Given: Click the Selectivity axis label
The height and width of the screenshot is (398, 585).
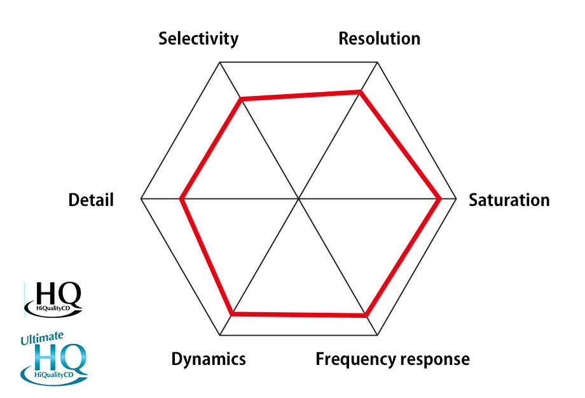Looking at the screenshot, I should [198, 38].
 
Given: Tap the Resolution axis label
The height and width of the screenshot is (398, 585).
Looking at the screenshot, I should [379, 38].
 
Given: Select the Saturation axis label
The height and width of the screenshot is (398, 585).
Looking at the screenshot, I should [509, 200].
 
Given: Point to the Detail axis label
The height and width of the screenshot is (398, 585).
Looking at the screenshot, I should [91, 200].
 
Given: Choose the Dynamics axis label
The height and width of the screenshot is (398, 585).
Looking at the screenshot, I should [209, 359].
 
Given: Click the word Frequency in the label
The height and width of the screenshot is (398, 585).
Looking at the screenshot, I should [352, 360].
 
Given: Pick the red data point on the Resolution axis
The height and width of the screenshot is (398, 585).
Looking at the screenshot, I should [361, 93].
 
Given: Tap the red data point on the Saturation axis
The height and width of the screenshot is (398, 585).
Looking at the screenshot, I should [440, 199].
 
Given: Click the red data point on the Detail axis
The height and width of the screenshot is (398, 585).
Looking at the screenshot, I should [182, 199].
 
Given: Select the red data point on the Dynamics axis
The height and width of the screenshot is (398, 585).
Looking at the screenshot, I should [233, 313].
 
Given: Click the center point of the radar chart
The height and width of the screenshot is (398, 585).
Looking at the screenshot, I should [299, 199].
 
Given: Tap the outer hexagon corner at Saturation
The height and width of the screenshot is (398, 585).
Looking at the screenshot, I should [457, 199].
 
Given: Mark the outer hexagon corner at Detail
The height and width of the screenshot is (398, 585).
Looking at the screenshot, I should [141, 199].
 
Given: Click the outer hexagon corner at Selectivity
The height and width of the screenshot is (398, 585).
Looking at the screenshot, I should [220, 62].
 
